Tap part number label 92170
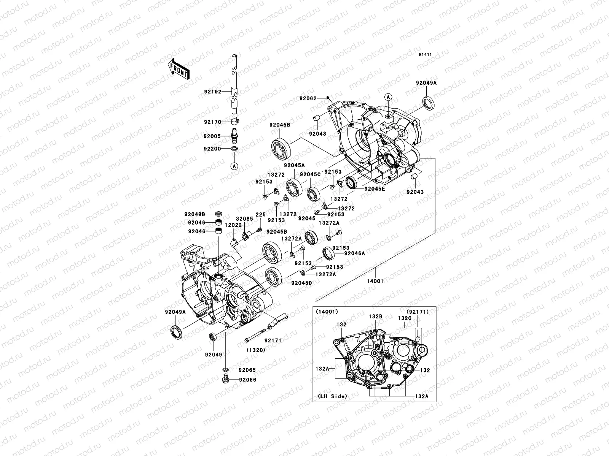(212, 122)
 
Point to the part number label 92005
(212, 136)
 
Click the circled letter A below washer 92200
(234, 166)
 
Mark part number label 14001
(375, 281)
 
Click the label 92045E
(375, 188)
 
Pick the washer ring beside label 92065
(225, 370)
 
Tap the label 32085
(244, 219)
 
